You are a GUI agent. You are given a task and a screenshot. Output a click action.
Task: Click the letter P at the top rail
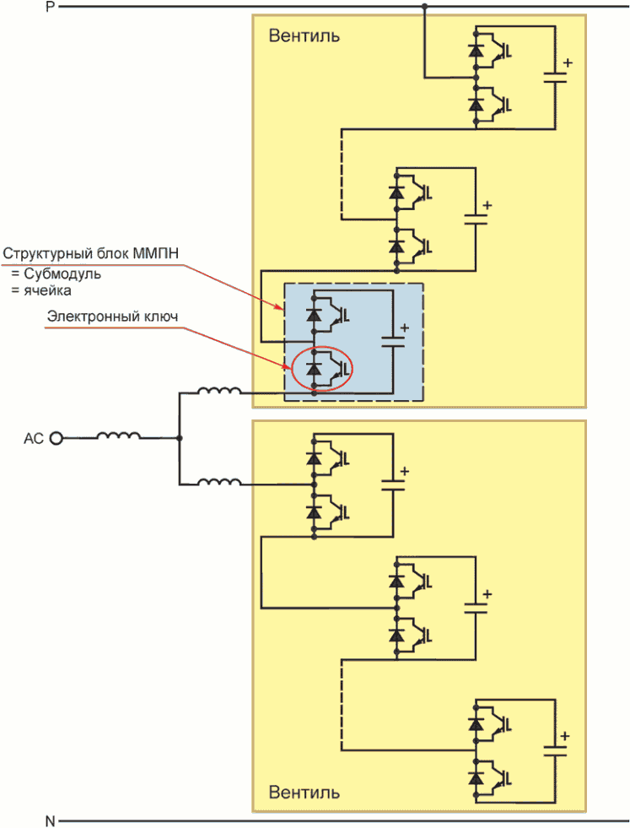pos(51,7)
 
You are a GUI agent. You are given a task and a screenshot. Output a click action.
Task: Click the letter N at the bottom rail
pos(50,820)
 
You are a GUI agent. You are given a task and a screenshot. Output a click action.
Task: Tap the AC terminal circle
pos(56,438)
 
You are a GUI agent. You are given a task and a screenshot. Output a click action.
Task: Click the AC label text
pos(33,439)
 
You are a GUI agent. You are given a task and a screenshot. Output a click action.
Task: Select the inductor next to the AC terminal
pos(118,436)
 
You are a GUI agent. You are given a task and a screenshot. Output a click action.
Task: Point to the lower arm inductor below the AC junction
pos(219,481)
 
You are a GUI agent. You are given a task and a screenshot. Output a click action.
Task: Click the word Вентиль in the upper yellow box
pos(304,36)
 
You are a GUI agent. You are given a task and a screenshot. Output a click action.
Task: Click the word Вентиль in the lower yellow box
pos(304,792)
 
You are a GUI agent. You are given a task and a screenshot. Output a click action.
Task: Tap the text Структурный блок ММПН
pos(91,253)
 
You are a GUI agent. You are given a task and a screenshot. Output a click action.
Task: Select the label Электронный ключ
pos(112,317)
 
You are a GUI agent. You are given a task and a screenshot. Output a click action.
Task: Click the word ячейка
pos(47,290)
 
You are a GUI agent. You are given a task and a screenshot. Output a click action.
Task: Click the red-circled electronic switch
pos(322,368)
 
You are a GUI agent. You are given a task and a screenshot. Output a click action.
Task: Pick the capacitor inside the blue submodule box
pos(393,341)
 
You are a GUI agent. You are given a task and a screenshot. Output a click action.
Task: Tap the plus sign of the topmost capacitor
pos(568,62)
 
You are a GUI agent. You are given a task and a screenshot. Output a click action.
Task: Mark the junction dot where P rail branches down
pos(424,7)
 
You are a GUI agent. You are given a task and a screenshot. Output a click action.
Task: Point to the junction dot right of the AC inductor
pos(180,438)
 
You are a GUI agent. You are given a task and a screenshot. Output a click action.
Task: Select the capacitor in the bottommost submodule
pos(555,750)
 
